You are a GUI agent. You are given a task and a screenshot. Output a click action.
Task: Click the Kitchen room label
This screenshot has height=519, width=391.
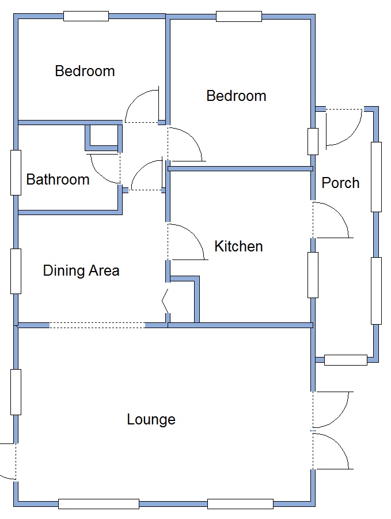coord(238,246)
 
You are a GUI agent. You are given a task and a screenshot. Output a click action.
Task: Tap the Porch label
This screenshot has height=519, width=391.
coord(340,183)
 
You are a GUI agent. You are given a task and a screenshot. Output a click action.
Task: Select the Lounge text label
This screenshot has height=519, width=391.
coord(151,419)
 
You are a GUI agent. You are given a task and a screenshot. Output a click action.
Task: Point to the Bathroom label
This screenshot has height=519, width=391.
coord(58,179)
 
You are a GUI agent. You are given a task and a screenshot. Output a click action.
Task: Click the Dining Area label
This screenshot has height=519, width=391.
coord(81,270)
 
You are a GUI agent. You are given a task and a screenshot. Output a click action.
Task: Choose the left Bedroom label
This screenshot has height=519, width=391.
coord(85,71)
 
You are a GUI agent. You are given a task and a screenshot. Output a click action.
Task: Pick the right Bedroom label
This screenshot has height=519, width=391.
coord(236,96)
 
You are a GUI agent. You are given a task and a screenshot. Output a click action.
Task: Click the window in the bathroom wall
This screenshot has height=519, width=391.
coord(16,172)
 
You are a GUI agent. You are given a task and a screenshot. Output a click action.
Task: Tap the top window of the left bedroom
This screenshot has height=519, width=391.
coord(86,16)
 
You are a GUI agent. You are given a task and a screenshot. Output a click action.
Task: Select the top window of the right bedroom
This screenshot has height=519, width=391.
coord(239,17)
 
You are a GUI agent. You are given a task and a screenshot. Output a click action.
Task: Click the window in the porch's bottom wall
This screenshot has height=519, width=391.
coord(346,360)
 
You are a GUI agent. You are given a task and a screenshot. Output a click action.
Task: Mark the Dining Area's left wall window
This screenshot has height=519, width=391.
coord(16,271)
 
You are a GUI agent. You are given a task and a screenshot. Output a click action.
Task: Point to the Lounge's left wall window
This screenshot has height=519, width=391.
coord(16,392)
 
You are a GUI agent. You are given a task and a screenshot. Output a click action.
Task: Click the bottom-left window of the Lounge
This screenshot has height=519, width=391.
coord(98,504)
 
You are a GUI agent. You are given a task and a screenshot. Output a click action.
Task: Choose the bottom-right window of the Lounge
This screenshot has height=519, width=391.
coord(240,504)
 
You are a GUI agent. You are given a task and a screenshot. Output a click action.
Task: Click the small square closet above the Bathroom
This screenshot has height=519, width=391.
coord(104,137)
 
